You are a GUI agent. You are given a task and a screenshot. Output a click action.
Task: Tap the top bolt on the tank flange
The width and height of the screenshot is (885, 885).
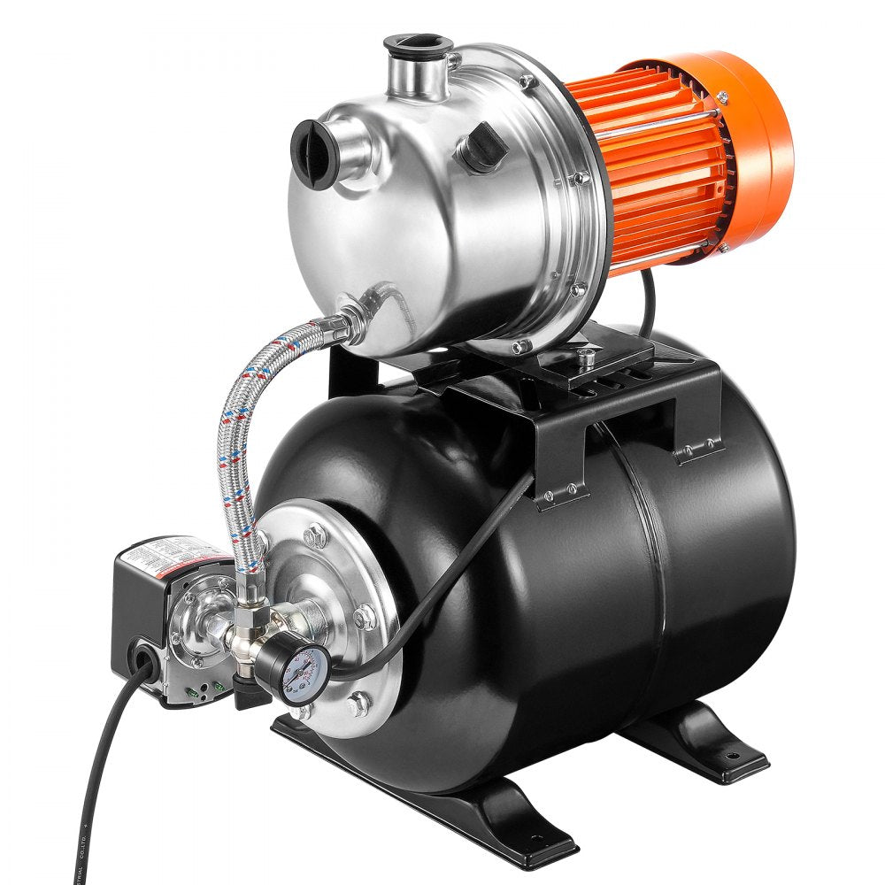[x=314, y=535]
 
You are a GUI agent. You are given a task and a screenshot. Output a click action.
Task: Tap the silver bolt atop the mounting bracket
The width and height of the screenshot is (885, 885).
[x=585, y=356]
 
